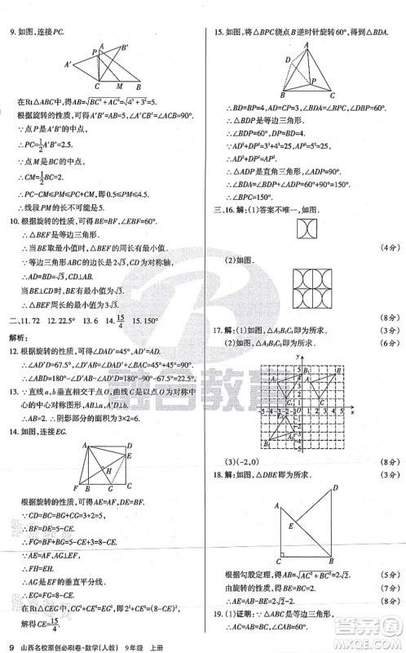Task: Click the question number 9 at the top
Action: click(11, 33)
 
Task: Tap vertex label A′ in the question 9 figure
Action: click(68, 64)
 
